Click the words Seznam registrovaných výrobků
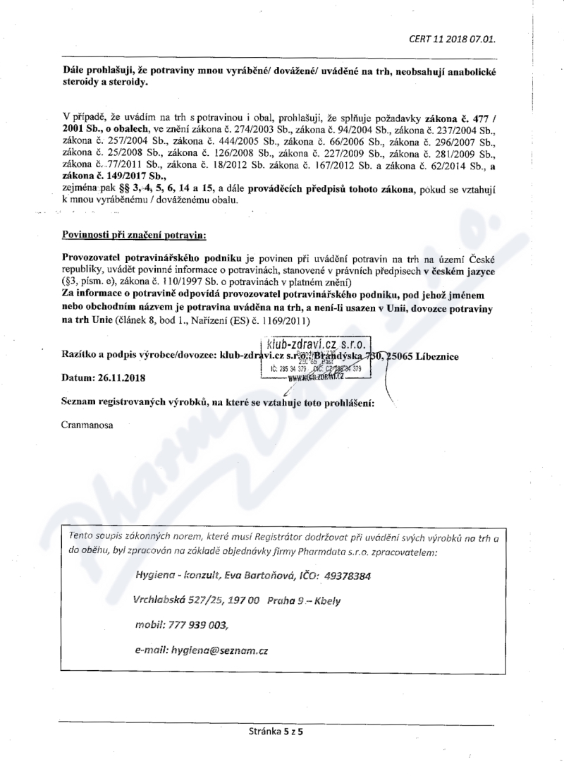click(x=135, y=402)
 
